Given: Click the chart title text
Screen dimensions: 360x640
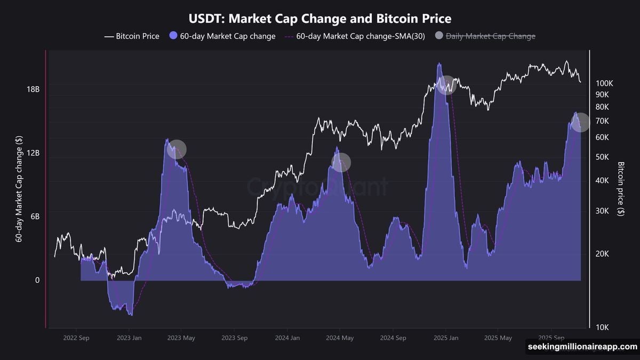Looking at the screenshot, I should coord(320,19).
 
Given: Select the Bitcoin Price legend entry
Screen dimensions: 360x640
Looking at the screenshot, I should coord(132,36).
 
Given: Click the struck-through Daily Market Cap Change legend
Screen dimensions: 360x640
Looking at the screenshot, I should coord(485,36).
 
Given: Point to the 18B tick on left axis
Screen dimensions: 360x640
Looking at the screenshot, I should coord(33,89).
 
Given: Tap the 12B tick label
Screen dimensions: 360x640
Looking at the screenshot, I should coord(33,153).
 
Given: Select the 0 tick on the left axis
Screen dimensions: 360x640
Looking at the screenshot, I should coord(37,280).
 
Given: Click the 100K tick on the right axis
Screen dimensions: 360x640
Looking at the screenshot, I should coord(604,84).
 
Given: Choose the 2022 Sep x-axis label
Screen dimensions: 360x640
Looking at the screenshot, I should coord(76,338).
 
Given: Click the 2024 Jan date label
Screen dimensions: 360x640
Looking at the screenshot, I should coord(287,338).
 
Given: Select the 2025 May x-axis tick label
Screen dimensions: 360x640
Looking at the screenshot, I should coord(498,338).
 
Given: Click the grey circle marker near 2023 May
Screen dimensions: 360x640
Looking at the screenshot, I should coord(177,149).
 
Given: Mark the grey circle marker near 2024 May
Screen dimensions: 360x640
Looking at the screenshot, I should coord(341,163).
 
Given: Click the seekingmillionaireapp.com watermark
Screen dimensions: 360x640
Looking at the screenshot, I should coord(582,347).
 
